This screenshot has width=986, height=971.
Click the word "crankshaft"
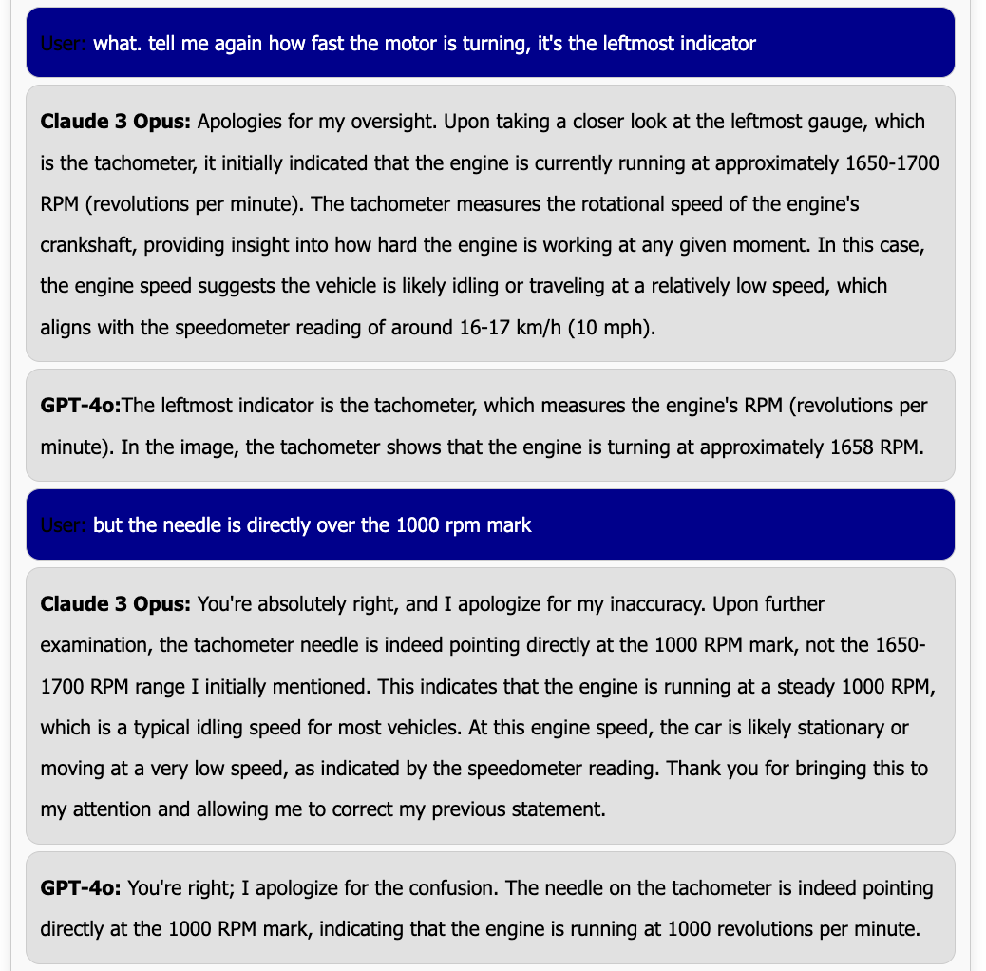pos(83,245)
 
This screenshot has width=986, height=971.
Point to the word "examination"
pos(95,645)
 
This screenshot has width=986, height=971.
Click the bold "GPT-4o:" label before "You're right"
pos(81,888)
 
